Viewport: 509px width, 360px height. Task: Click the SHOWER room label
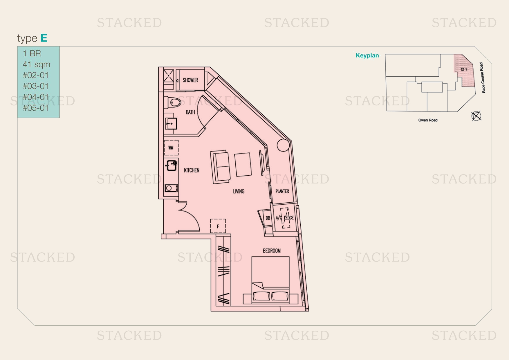(190, 80)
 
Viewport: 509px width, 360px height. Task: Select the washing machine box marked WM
(171, 148)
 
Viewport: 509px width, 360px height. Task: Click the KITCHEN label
(192, 170)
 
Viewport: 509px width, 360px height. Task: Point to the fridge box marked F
(218, 226)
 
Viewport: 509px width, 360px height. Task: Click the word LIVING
(239, 191)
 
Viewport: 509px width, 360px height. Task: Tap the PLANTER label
(282, 191)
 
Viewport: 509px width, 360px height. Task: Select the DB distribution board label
(268, 218)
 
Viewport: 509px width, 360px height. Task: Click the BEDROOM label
(272, 251)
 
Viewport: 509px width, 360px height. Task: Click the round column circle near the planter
(283, 145)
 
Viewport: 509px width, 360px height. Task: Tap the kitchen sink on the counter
(172, 165)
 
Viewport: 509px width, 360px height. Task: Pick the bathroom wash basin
(171, 123)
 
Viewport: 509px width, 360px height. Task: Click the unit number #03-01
(36, 86)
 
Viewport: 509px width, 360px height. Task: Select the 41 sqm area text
(37, 64)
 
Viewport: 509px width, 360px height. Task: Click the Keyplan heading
(367, 55)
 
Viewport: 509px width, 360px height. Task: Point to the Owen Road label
(428, 120)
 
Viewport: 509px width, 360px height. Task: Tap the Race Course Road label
(482, 78)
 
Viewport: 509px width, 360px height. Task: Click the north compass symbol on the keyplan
(476, 116)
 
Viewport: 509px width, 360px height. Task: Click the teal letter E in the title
(44, 38)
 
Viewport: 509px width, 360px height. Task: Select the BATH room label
(190, 112)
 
